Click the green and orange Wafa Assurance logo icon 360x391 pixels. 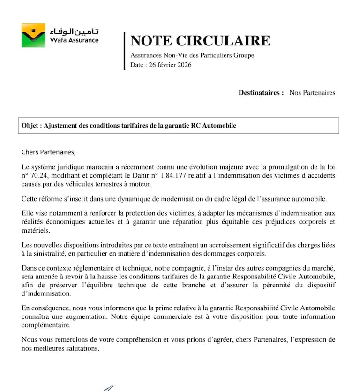coord(33,35)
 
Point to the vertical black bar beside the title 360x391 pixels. coord(124,51)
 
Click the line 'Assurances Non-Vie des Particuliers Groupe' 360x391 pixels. coord(192,56)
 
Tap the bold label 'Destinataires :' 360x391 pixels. coord(261,93)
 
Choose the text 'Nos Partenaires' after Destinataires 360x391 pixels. coord(312,93)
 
